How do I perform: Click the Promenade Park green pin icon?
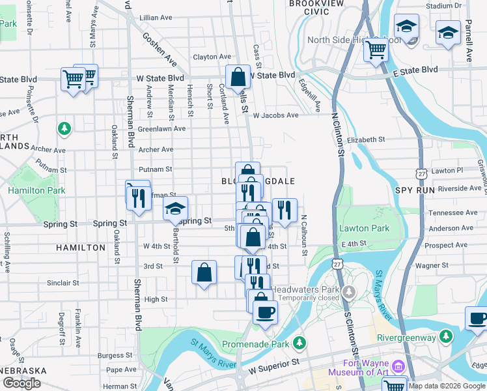[299, 341]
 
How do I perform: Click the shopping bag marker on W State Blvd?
[238, 77]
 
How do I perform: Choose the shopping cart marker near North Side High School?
[376, 49]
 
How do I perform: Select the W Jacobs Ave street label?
[276, 115]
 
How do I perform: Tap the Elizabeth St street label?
[367, 139]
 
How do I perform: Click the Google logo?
[21, 383]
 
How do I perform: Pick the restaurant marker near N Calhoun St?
[285, 210]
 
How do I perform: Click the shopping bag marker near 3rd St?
[204, 273]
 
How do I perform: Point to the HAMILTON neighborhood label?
[81, 248]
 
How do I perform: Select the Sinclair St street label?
[63, 283]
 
